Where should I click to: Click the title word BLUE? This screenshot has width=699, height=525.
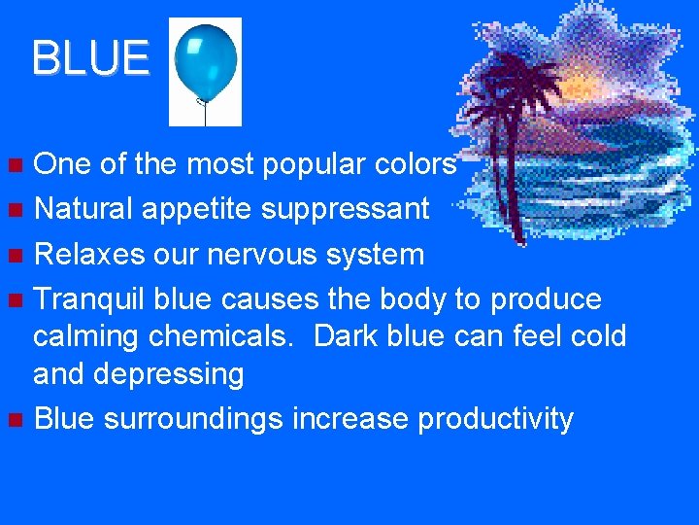[x=90, y=58]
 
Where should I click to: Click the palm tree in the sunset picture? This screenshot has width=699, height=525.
[x=516, y=136]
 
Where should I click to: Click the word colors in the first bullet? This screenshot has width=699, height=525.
[x=415, y=165]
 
